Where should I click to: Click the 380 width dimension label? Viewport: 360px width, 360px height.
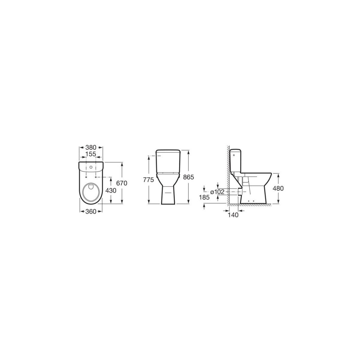pyautogui.click(x=91, y=147)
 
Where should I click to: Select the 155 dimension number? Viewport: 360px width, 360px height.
pyautogui.click(x=91, y=154)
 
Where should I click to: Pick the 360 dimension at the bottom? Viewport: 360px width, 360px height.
pyautogui.click(x=91, y=211)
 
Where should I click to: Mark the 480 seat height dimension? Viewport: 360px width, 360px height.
pyautogui.click(x=278, y=188)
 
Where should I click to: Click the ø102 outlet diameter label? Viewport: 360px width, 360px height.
pyautogui.click(x=217, y=192)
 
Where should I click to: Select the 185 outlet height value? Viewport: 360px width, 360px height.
pyautogui.click(x=204, y=197)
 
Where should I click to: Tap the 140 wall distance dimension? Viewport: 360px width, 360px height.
pyautogui.click(x=233, y=215)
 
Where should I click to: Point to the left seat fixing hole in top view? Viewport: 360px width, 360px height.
pyautogui.click(x=86, y=177)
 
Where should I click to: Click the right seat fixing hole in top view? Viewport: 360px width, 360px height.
pyautogui.click(x=96, y=177)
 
